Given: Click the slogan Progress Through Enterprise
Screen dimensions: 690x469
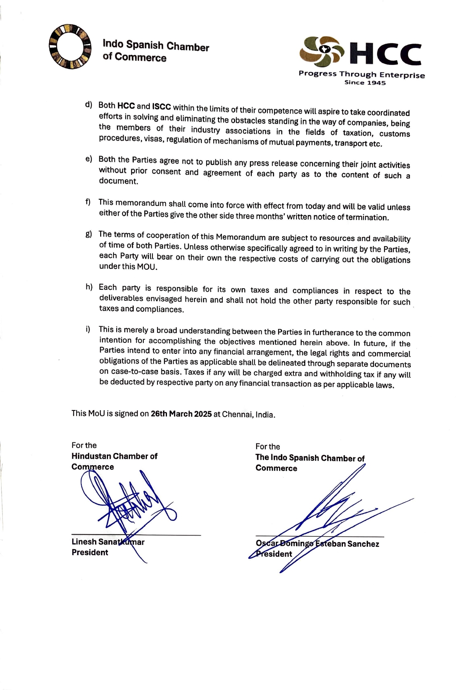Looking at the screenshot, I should pyautogui.click(x=361, y=74).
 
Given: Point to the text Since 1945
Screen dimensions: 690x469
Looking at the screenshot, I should pyautogui.click(x=365, y=83).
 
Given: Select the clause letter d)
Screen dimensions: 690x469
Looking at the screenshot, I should pyautogui.click(x=88, y=105).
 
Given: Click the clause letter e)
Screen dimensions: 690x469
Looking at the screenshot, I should pyautogui.click(x=88, y=158).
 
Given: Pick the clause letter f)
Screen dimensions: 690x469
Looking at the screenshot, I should pyautogui.click(x=88, y=202).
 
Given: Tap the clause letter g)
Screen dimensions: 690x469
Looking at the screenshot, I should pyautogui.click(x=88, y=234).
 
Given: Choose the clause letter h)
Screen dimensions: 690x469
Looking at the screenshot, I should pyautogui.click(x=89, y=287).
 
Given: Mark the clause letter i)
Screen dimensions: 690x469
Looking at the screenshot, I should pyautogui.click(x=88, y=329).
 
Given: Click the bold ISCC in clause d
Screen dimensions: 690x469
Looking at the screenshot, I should pyautogui.click(x=161, y=107).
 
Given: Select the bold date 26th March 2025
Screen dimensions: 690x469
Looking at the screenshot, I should pyautogui.click(x=181, y=414).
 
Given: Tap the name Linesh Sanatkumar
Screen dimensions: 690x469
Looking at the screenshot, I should pyautogui.click(x=108, y=542).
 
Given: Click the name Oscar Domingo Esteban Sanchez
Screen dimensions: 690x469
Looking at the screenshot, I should pyautogui.click(x=317, y=544).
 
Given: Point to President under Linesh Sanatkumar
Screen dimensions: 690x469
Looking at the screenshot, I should pyautogui.click(x=90, y=552).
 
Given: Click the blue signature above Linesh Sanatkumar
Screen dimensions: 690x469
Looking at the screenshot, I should pyautogui.click(x=126, y=499).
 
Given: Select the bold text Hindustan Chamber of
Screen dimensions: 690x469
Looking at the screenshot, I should pyautogui.click(x=114, y=456).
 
